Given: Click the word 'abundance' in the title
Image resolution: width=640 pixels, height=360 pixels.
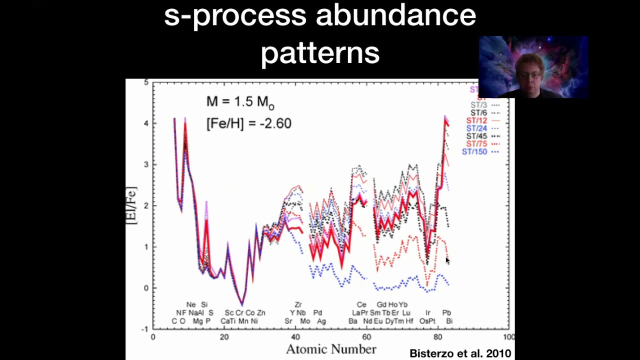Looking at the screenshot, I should click(395, 15).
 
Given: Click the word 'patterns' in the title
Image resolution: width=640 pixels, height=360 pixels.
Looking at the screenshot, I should click(320, 52).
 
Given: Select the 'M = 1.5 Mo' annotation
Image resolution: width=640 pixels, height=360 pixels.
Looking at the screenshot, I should click(240, 102).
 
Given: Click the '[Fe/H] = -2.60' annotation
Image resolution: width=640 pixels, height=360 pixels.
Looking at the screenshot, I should click(248, 123).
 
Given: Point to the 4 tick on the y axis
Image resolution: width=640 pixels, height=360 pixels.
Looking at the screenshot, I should click(146, 123).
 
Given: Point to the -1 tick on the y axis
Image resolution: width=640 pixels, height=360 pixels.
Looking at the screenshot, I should click(145, 329).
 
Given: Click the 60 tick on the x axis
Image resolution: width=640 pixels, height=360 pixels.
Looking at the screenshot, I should click(366, 337).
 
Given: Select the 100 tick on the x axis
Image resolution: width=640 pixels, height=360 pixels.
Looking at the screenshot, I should click(508, 337).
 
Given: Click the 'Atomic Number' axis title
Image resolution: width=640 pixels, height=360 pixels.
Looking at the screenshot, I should click(330, 349).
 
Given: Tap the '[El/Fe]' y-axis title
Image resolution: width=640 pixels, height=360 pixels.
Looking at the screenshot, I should click(131, 205).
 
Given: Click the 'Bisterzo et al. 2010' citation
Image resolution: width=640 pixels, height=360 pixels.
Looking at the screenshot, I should click(460, 353).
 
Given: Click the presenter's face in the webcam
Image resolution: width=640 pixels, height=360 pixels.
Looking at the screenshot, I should click(531, 73).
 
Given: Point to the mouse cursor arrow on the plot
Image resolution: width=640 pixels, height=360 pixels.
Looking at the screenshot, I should click(447, 260).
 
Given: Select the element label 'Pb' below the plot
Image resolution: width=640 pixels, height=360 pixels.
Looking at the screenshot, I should click(446, 312).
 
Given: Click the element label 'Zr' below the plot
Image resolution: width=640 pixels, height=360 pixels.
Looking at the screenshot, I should click(298, 304).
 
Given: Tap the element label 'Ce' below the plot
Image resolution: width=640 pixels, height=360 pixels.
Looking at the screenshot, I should click(361, 304).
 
